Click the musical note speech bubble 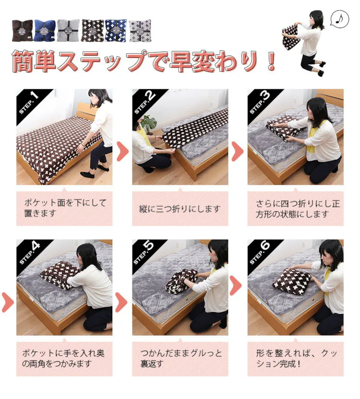[x=340, y=19]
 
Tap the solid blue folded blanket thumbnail [x=45, y=30]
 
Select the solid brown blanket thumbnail [x=23, y=30]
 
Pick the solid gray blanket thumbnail [x=68, y=30]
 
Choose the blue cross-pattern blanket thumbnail [x=116, y=30]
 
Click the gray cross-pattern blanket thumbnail [x=140, y=31]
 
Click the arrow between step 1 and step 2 [x=122, y=151]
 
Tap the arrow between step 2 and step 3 [x=238, y=151]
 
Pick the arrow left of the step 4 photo [x=8, y=302]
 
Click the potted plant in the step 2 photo [x=148, y=124]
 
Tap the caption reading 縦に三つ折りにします [x=180, y=209]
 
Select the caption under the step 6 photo [x=296, y=359]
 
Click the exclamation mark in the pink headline [x=272, y=61]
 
